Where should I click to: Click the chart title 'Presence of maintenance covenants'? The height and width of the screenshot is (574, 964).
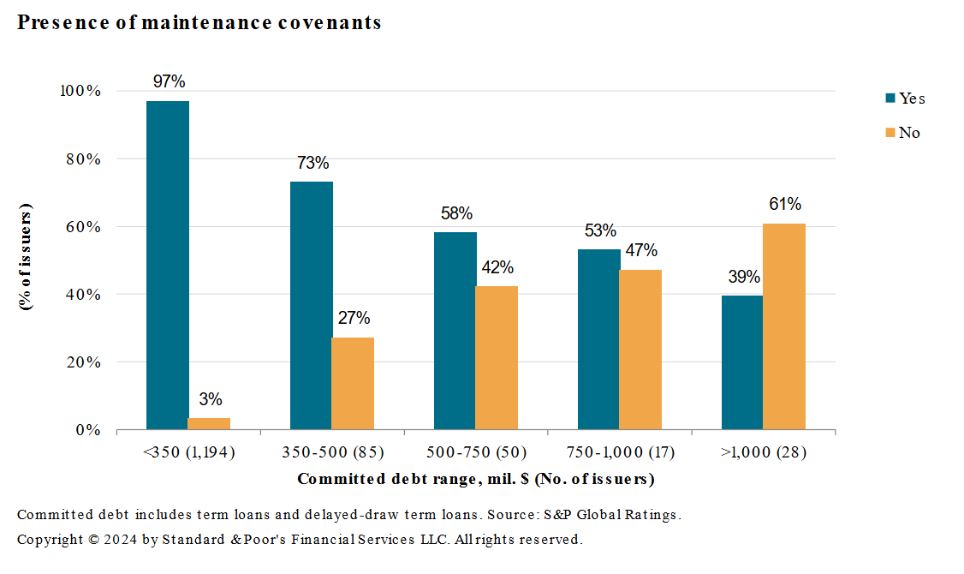(x=199, y=23)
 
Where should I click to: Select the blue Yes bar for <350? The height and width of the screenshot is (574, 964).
(x=168, y=265)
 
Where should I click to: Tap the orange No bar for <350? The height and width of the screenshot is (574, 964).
(x=209, y=423)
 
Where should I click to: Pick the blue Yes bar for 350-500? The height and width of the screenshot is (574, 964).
(x=312, y=305)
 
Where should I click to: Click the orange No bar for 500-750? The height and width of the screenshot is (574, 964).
(x=497, y=357)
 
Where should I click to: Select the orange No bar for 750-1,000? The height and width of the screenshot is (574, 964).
(x=640, y=350)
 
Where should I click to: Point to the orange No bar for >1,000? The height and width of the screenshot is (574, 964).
(x=784, y=326)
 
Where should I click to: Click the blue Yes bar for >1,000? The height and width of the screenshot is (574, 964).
(x=742, y=362)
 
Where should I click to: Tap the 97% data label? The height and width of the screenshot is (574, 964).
(x=169, y=82)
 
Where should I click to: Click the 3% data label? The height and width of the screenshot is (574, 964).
(x=211, y=399)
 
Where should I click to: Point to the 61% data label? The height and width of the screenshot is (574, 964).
(x=785, y=205)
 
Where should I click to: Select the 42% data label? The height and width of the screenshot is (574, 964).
(x=497, y=267)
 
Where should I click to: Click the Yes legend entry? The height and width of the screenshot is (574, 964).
(x=904, y=99)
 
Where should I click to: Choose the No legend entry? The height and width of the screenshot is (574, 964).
(x=902, y=133)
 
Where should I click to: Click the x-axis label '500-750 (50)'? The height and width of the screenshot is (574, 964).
(x=476, y=452)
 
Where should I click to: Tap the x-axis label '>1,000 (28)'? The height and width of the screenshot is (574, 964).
(x=764, y=452)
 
